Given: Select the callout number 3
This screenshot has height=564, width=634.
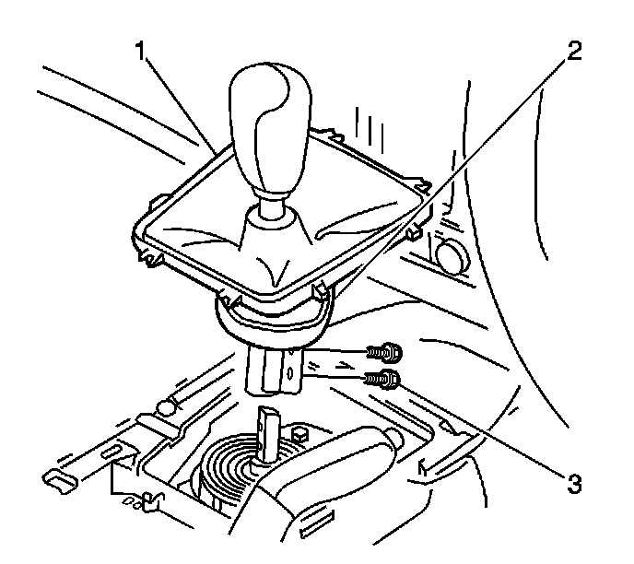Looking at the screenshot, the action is point(574,482).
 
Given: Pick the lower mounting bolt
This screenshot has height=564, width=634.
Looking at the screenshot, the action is point(382,376).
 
